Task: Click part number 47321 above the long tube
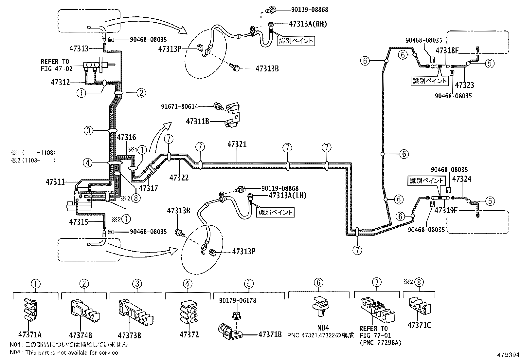point(237,144)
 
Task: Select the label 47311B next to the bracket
point(197,122)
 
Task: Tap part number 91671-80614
point(179,106)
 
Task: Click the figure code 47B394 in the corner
point(508,355)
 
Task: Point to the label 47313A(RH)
point(308,24)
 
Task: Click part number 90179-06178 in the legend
point(238,300)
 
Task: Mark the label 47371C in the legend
point(419,325)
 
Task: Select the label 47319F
point(445,210)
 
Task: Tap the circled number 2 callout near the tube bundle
point(141,93)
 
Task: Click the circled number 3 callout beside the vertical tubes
point(88,131)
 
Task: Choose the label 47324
point(463,179)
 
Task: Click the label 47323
point(464,85)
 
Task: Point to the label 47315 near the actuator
point(79,222)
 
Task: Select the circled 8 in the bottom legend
point(420,282)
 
